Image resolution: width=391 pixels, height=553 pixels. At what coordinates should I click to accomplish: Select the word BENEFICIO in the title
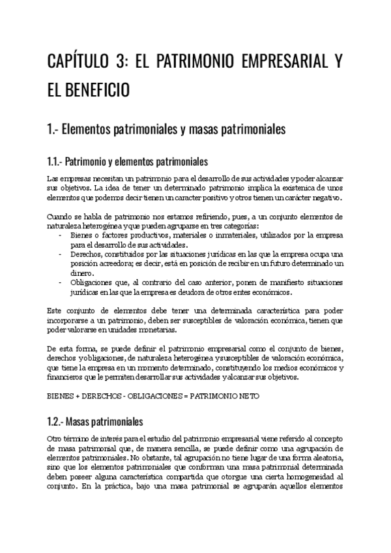click(x=99, y=90)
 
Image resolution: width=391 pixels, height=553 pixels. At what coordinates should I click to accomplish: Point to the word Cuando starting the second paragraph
click(x=61, y=217)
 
